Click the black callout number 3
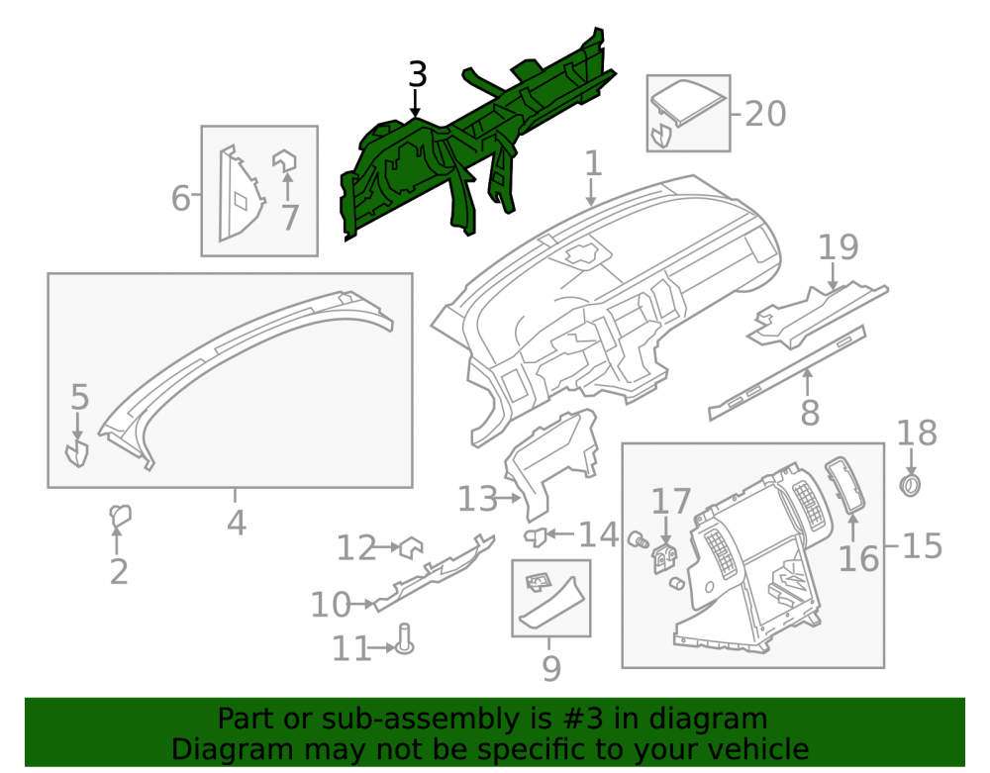click(418, 74)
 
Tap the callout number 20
click(765, 114)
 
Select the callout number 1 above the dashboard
click(593, 163)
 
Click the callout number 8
click(810, 413)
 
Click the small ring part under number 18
click(910, 485)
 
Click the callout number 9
click(551, 668)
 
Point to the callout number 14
click(598, 534)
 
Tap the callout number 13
click(477, 499)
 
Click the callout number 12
click(356, 547)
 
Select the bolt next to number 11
click(404, 638)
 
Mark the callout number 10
click(331, 605)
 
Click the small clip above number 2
click(120, 516)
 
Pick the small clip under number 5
click(77, 454)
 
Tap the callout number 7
click(289, 217)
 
